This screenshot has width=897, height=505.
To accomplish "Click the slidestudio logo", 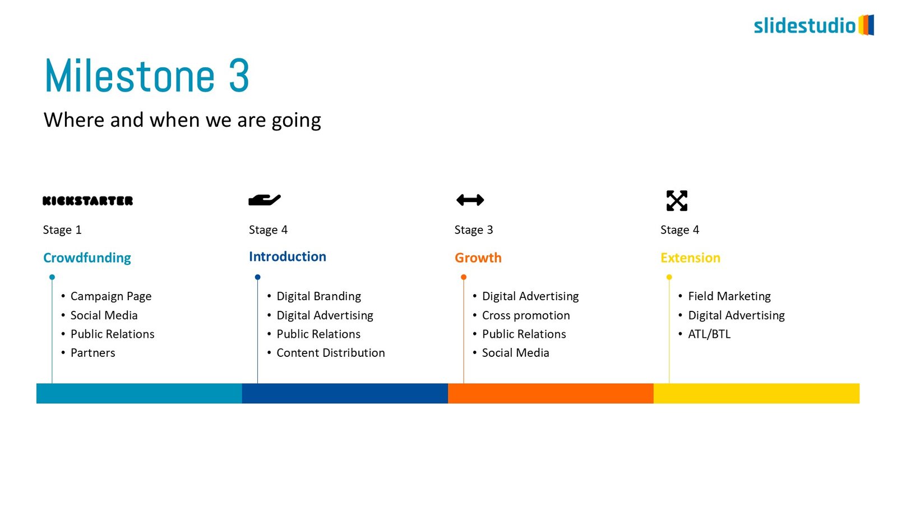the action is [x=813, y=25].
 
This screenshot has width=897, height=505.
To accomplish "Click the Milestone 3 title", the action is [x=147, y=75].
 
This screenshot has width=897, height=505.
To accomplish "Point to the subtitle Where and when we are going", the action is [x=182, y=120].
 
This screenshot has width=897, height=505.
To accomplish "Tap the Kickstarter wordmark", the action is [x=87, y=201].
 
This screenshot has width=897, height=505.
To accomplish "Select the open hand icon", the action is [x=264, y=200].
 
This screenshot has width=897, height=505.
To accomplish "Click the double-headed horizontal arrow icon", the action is [x=470, y=200].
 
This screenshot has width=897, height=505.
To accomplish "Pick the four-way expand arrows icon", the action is [x=677, y=200].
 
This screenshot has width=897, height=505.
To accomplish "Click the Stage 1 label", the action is [x=62, y=230].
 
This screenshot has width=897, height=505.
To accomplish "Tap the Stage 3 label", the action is [x=473, y=230].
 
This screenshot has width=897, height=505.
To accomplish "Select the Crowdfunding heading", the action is [x=87, y=258].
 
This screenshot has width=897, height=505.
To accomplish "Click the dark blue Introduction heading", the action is [x=288, y=256].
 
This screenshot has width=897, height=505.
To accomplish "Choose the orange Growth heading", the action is [x=478, y=258].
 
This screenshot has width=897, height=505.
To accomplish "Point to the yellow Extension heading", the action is [x=690, y=258].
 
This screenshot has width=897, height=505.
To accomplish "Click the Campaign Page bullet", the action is [x=111, y=296].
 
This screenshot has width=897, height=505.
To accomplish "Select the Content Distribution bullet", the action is [x=331, y=353].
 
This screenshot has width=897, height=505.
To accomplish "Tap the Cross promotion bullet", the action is [x=526, y=315].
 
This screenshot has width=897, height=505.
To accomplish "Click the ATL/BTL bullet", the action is [x=709, y=334].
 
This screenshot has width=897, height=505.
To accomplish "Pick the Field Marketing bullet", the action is [x=729, y=296].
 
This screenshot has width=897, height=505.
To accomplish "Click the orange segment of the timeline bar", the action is [x=551, y=393].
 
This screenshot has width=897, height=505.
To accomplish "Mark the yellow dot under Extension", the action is [x=669, y=277].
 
